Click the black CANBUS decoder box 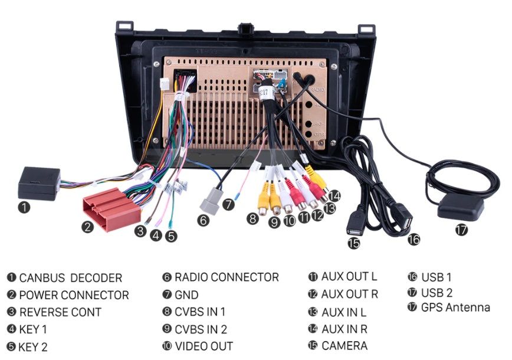39,183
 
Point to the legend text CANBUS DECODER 70,278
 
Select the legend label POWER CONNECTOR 74,295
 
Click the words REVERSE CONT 60,312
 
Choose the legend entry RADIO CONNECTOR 227,277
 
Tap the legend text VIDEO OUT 204,346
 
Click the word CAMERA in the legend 344,345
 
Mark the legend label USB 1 436,277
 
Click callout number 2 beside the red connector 87,226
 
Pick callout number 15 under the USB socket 353,243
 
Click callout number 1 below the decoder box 24,207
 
